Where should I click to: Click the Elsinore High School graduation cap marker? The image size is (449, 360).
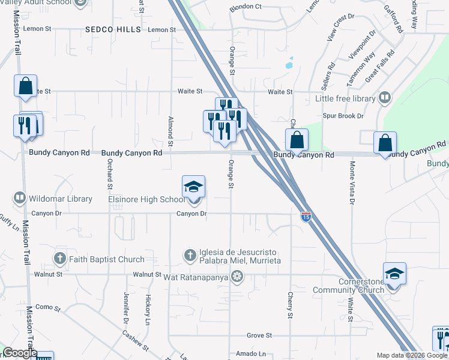pyautogui.click(x=194, y=187)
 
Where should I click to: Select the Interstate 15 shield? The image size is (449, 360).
pyautogui.click(x=306, y=217)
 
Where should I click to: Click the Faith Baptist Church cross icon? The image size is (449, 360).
pyautogui.click(x=59, y=259)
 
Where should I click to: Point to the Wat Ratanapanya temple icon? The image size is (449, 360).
pyautogui.click(x=238, y=275)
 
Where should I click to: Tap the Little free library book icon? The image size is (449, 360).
pyautogui.click(x=384, y=98)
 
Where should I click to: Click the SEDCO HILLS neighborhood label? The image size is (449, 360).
pyautogui.click(x=113, y=29)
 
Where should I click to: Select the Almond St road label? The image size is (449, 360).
pyautogui.click(x=171, y=131)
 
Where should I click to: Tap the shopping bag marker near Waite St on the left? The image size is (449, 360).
pyautogui.click(x=26, y=86)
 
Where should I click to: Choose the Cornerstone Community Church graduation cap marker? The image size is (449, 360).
pyautogui.click(x=394, y=274)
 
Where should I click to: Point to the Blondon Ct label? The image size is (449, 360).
pyautogui.click(x=246, y=7)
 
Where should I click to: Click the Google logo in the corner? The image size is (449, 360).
pyautogui.click(x=20, y=353)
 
